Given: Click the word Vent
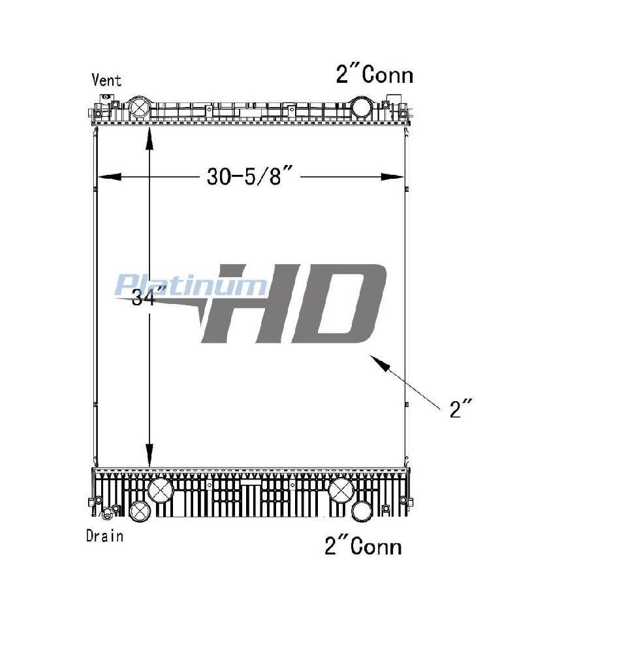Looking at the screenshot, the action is [106, 80].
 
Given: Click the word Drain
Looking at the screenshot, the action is [104, 536].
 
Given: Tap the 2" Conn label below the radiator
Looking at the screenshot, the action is [363, 546].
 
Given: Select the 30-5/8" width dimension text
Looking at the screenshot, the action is [250, 176].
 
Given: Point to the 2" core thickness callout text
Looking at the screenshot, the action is [461, 408].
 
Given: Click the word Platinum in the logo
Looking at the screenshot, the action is [191, 285].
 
